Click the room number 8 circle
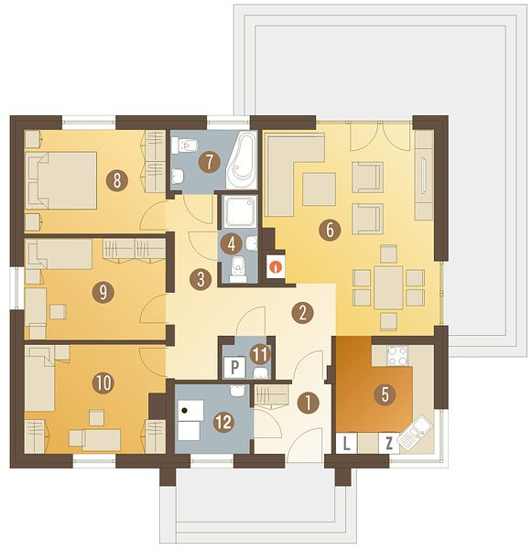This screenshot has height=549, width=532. pos(117,181)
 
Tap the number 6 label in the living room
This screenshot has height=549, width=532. pos(330,230)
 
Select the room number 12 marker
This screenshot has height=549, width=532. pos(224,422)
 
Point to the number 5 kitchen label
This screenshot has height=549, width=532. pos(385,394)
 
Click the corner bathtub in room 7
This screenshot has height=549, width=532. pos(243,163)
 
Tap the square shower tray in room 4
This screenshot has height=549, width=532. pos(241,211)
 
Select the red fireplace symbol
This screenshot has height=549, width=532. pos(276,267)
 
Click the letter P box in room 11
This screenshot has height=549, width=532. pos(234,367)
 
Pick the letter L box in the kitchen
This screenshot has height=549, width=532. pos(346,444)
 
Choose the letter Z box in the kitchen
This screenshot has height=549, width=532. pos(388,444)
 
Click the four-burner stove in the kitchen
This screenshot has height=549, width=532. pos(397,356)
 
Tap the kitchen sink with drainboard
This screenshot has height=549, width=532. pos(415,433)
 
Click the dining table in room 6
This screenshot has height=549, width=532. pos(388,287)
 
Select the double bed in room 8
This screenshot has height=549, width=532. pos(61,180)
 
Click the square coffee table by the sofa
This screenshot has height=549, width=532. pos(319,189)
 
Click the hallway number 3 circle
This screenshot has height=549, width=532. pos(201,279)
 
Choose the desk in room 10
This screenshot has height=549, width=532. pos(102,440)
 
